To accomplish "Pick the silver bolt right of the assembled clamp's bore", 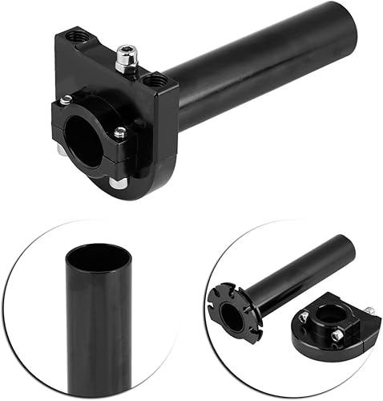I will click(x=120, y=133).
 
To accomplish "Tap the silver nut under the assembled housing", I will click(x=118, y=183).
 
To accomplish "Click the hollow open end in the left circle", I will click(x=96, y=257).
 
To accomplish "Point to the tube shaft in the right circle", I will click(x=296, y=269).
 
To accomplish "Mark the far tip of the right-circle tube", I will click(x=349, y=241).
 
